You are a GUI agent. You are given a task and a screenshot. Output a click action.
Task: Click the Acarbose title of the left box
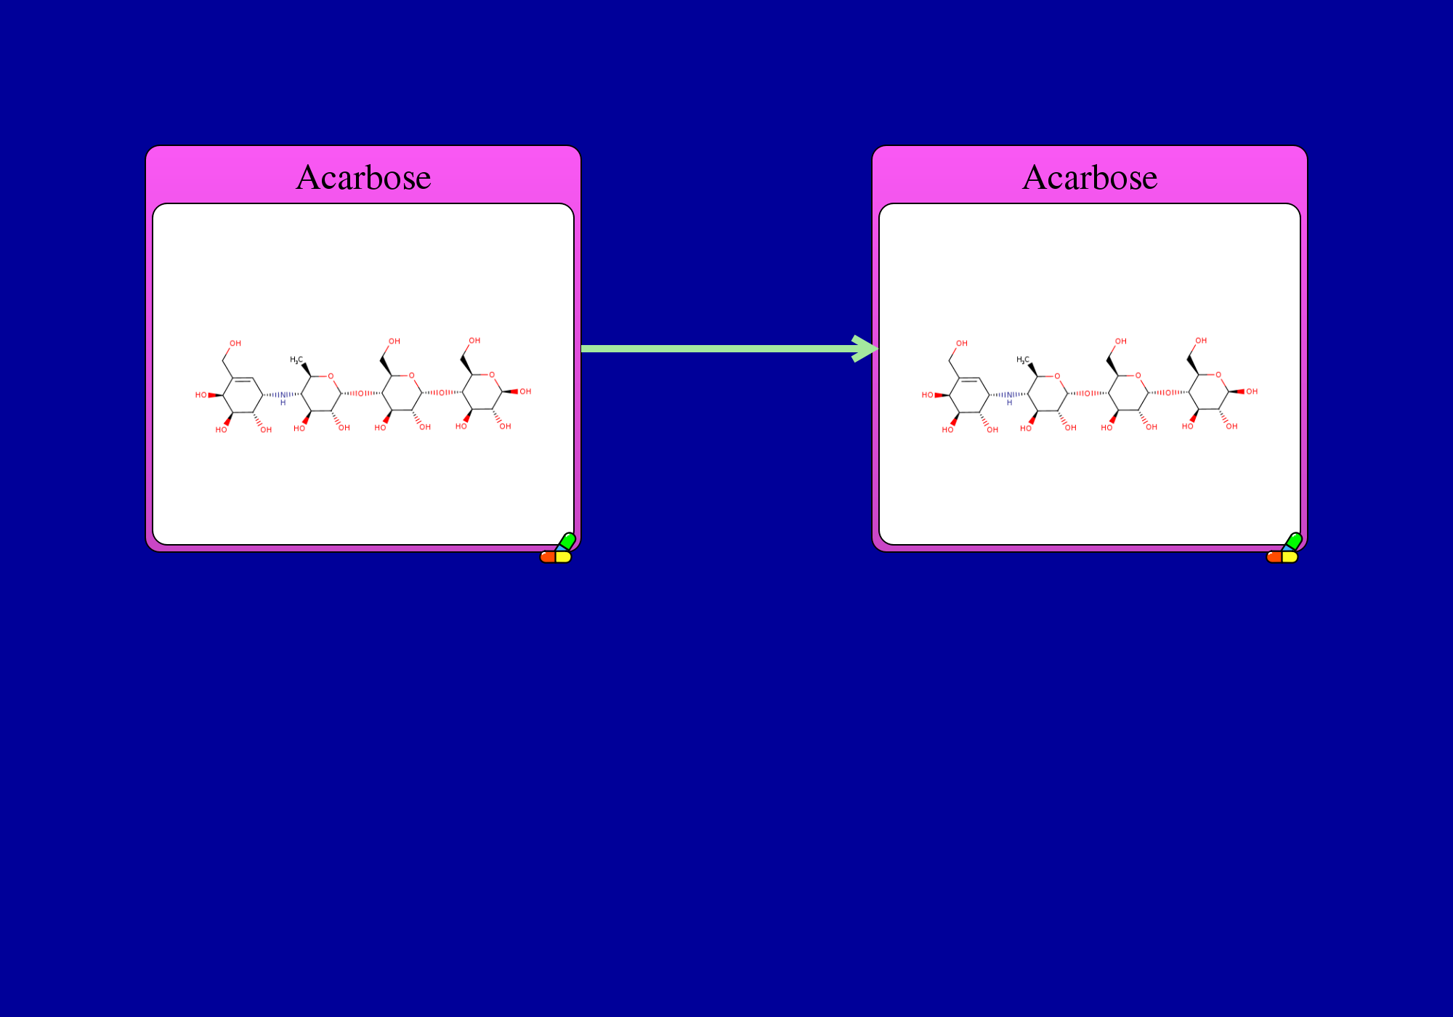point(363,177)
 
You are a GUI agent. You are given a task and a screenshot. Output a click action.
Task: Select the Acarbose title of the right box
point(1090,177)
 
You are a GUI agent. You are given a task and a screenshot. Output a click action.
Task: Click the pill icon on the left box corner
point(558,548)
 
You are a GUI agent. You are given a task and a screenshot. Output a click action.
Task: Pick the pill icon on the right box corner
point(1284,548)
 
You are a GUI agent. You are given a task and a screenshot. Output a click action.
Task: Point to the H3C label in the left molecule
point(296,360)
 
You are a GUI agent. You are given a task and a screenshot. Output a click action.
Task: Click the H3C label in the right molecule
point(1023,360)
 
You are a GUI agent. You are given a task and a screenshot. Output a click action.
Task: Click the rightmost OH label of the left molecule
point(525,392)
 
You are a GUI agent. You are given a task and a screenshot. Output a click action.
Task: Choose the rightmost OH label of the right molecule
point(1252,392)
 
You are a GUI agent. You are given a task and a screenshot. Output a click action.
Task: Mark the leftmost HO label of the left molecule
point(201,395)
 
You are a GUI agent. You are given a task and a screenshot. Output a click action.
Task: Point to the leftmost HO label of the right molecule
point(927,395)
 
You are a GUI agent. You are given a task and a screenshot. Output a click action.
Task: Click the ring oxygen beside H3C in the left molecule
point(331,376)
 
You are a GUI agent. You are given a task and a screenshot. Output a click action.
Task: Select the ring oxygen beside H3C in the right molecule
point(1057,376)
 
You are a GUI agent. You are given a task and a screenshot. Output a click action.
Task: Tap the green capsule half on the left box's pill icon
point(567,540)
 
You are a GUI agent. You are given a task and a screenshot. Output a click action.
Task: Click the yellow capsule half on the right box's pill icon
point(1290,557)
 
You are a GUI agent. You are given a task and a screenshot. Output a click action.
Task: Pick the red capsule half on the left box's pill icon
point(548,557)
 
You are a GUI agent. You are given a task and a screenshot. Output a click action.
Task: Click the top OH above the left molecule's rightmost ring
point(474,341)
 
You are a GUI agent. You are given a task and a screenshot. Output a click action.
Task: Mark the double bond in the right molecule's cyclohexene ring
point(969,379)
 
